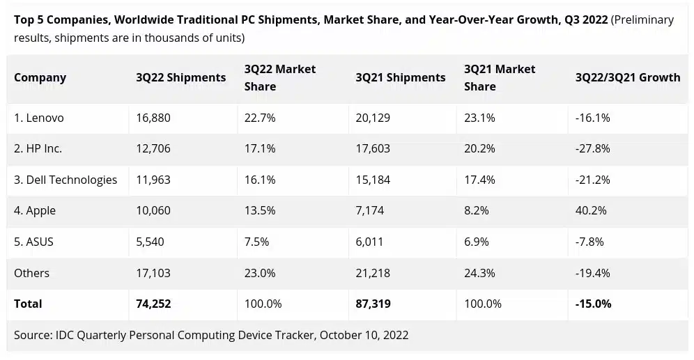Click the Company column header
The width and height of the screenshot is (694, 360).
coord(40,77)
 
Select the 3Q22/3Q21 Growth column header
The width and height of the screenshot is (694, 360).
coord(627,77)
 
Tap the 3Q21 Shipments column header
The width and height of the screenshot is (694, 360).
coord(400,77)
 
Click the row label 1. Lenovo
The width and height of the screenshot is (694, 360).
coord(39,118)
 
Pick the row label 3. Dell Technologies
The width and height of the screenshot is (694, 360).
coord(65,180)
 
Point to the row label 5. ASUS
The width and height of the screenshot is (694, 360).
coord(33,242)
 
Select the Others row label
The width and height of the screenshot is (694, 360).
coord(31,272)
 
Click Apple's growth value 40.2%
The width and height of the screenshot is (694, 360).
coord(591,210)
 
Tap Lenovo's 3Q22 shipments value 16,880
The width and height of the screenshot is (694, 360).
coord(153,118)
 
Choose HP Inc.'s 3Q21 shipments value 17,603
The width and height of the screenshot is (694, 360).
coord(373,148)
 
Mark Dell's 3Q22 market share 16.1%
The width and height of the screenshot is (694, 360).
coord(260,180)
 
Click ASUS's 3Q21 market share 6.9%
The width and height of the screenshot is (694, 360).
coord(477,242)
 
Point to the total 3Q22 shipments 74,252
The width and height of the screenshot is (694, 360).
coord(154,304)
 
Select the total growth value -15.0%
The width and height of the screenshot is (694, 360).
coord(593,304)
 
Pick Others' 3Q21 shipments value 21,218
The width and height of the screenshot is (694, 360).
coord(373,272)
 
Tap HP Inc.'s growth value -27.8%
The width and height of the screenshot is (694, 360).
coord(592,148)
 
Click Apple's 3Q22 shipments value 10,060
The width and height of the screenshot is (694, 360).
coord(153,210)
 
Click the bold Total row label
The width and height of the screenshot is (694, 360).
coord(28,304)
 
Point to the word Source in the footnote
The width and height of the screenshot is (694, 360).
coord(32,335)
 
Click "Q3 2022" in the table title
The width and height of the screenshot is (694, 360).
coord(583,19)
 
